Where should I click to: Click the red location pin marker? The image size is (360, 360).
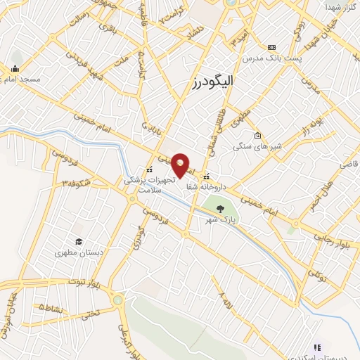click(x=181, y=165)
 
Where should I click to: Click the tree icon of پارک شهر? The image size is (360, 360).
click(x=221, y=208)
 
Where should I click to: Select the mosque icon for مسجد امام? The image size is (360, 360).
click(x=15, y=69)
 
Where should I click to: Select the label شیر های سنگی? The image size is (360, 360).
click(x=261, y=147)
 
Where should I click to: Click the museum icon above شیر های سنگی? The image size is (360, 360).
click(x=258, y=135)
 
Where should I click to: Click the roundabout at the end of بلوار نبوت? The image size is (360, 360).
click(x=117, y=300)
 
